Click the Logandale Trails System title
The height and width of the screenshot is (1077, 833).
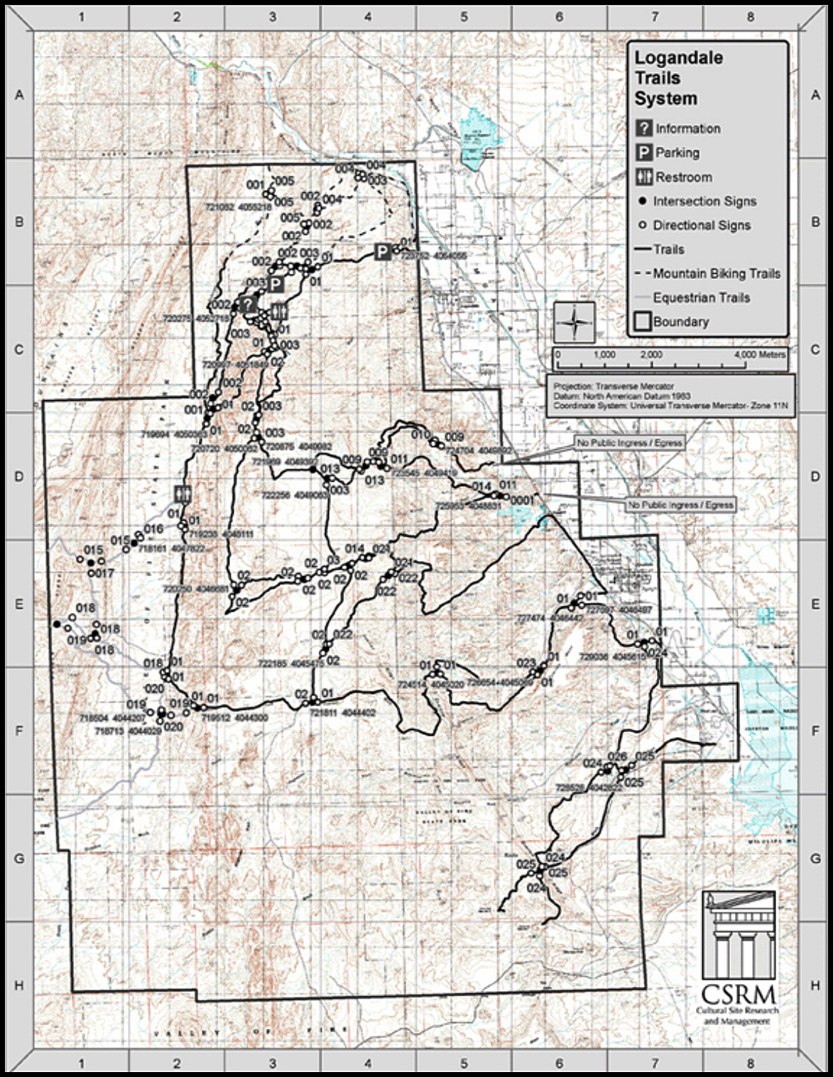click(x=678, y=78)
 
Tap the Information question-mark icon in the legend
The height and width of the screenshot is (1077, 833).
click(x=644, y=128)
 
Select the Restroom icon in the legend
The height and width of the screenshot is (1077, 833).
click(x=644, y=177)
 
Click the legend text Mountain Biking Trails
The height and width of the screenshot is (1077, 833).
click(x=716, y=273)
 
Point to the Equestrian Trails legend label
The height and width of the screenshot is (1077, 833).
click(x=701, y=297)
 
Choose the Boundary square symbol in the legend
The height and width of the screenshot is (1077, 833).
click(x=643, y=321)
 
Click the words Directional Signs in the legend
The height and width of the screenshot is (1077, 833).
click(x=702, y=225)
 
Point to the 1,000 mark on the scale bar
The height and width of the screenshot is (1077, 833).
click(x=604, y=355)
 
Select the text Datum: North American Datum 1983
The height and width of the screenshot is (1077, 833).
click(x=622, y=396)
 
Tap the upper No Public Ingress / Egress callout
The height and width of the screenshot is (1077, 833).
click(x=629, y=443)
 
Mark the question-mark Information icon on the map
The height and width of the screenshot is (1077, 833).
click(x=248, y=304)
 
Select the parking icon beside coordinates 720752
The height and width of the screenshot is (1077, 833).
click(x=383, y=251)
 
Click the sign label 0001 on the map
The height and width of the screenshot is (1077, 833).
click(x=521, y=500)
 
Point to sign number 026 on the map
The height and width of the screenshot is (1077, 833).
click(x=617, y=757)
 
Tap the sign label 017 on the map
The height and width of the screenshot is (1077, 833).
click(x=104, y=573)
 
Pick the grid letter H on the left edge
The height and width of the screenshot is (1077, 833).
click(x=19, y=985)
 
